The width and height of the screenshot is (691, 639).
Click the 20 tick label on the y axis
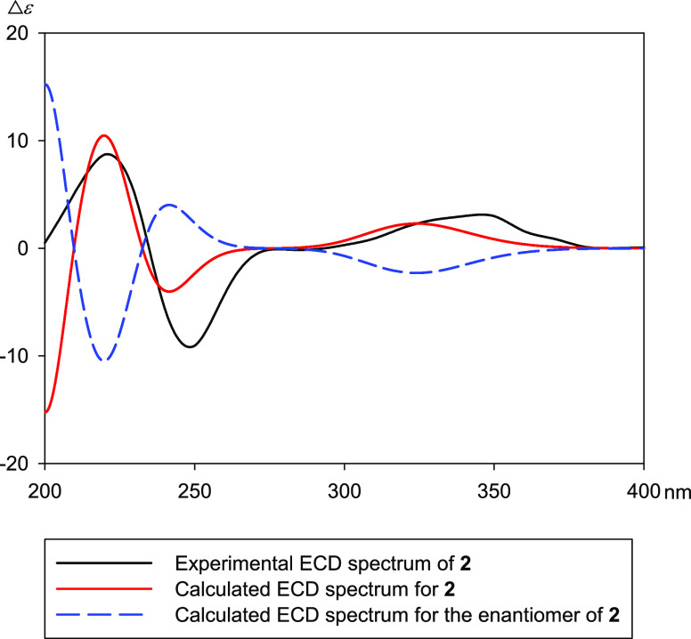[x=18, y=33]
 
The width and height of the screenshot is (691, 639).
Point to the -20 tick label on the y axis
[x=15, y=464]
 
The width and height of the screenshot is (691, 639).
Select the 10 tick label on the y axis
[x=18, y=141]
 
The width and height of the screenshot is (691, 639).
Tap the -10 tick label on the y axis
[x=15, y=356]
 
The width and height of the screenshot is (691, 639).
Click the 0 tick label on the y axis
[x=22, y=248]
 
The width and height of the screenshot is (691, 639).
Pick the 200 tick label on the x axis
[x=45, y=487]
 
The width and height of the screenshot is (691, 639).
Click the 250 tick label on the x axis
[x=194, y=487]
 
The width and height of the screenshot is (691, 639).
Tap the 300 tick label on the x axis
[x=344, y=487]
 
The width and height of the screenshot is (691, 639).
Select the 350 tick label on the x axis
[x=493, y=487]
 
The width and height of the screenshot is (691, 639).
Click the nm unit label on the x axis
[x=670, y=487]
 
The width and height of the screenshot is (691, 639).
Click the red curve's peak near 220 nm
[x=105, y=135]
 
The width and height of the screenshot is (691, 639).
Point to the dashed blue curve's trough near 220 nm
[x=105, y=360]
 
